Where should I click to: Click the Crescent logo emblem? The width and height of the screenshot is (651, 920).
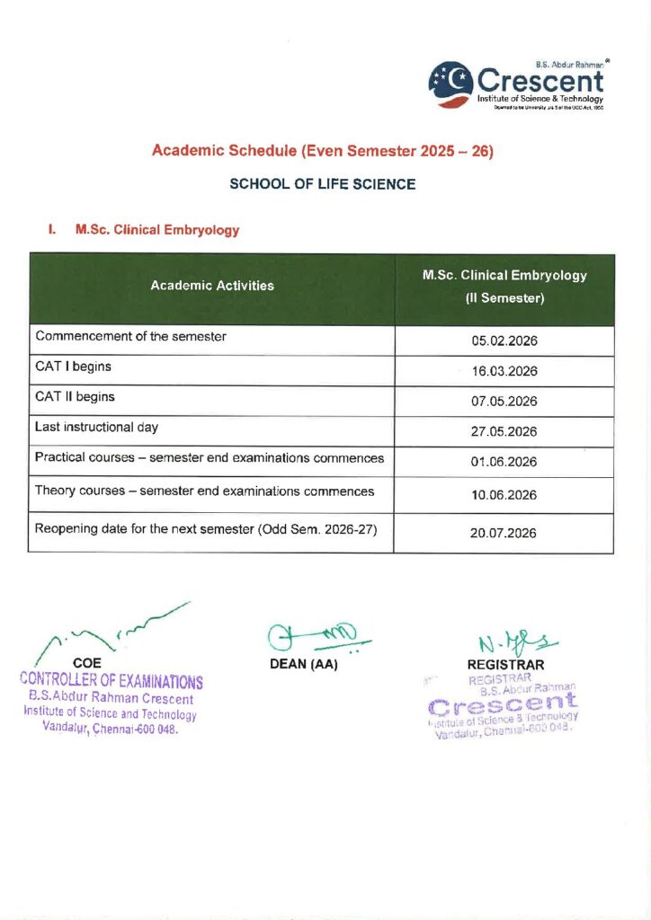(451, 84)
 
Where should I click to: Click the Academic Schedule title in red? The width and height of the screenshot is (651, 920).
(322, 151)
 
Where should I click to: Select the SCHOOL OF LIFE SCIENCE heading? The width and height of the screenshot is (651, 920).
(322, 184)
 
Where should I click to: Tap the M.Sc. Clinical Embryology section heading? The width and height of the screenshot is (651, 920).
(157, 230)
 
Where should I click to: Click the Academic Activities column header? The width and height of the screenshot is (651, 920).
(212, 286)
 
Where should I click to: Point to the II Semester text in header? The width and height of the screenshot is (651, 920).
(504, 298)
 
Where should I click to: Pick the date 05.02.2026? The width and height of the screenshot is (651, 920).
(504, 341)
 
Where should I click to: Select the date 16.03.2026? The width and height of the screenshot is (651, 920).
(504, 371)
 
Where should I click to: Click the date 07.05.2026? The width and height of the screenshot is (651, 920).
(504, 402)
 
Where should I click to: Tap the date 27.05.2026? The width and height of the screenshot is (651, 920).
(504, 431)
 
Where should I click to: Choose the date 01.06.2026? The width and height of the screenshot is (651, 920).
(504, 462)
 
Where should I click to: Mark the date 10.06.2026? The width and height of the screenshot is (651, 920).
(504, 495)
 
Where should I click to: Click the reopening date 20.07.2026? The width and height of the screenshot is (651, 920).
(504, 533)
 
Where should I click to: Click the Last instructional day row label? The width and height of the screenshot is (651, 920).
(96, 427)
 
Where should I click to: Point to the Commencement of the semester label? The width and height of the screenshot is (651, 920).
(130, 336)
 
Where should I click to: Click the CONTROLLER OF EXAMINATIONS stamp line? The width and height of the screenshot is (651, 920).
(111, 682)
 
